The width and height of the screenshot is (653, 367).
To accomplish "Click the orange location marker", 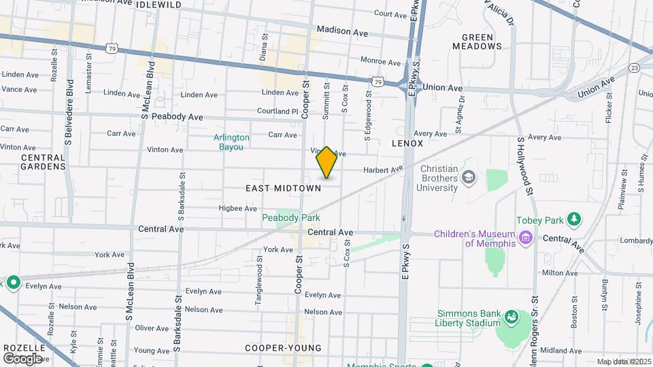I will tap(326, 162).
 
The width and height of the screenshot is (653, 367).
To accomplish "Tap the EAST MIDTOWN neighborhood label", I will tap(283, 188).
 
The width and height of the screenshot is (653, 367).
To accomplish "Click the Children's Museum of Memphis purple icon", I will tap(524, 238).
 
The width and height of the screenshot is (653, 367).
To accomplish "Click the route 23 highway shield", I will tap(634, 68).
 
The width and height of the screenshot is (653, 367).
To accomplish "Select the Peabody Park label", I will tap(291, 217).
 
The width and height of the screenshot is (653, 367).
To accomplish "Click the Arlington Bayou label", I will tap(231, 141).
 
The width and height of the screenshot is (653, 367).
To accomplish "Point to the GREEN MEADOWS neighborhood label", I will tap(478, 41).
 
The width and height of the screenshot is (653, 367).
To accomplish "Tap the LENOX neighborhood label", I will tap(407, 144).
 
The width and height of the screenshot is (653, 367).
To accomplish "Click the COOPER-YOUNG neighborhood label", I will tap(283, 348).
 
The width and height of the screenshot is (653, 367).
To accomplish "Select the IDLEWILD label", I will tap(158, 4).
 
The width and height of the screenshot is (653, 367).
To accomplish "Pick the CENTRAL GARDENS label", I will tap(43, 162).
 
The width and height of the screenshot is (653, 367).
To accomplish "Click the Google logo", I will tap(22, 358).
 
